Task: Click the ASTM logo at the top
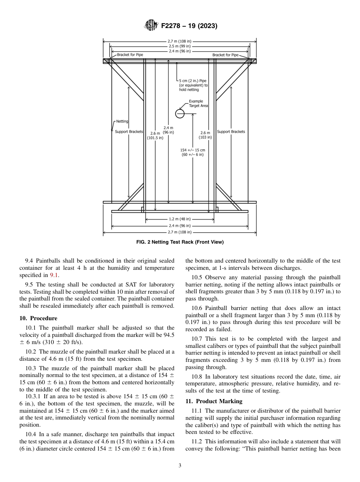[152, 26]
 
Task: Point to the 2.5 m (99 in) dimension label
[180, 46]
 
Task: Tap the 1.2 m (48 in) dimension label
[180, 219]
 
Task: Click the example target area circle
[180, 113]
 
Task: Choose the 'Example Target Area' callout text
[198, 103]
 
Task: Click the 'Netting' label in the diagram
[122, 121]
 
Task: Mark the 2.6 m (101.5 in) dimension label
[155, 136]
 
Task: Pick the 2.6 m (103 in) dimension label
[205, 135]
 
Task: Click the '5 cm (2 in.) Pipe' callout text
[193, 85]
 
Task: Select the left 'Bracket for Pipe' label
[130, 55]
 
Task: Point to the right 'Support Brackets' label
[231, 132]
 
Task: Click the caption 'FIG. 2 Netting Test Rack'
[180, 242]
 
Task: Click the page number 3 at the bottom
[180, 466]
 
